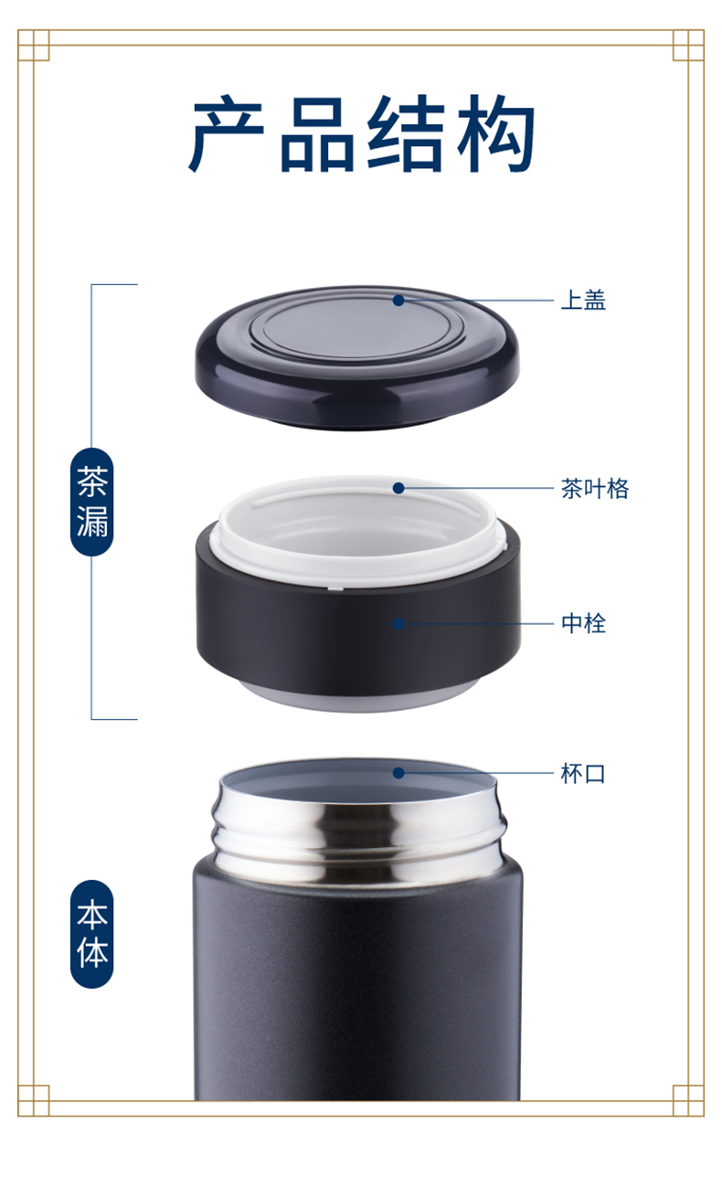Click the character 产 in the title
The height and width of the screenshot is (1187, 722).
(227, 133)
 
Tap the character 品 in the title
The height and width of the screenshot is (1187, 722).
(317, 134)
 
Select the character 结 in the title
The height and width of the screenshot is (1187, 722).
(406, 133)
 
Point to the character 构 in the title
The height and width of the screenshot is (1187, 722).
(496, 133)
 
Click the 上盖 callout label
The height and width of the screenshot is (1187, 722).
(583, 300)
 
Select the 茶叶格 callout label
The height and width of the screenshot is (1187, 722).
(595, 489)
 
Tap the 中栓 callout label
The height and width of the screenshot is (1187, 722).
(583, 623)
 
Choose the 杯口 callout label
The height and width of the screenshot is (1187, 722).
(583, 774)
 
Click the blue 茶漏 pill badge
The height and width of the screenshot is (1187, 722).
(91, 502)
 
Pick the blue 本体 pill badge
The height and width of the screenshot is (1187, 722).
(91, 934)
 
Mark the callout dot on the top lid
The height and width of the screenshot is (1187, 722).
(398, 301)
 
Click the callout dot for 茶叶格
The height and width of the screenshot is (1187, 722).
(398, 488)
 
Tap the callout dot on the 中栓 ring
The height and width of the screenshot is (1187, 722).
(398, 624)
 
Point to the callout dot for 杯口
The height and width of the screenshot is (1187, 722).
(398, 773)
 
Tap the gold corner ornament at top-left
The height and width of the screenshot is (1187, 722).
(34, 45)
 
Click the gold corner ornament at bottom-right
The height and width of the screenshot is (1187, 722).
(688, 1100)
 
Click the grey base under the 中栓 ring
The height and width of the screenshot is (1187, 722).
(359, 697)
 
